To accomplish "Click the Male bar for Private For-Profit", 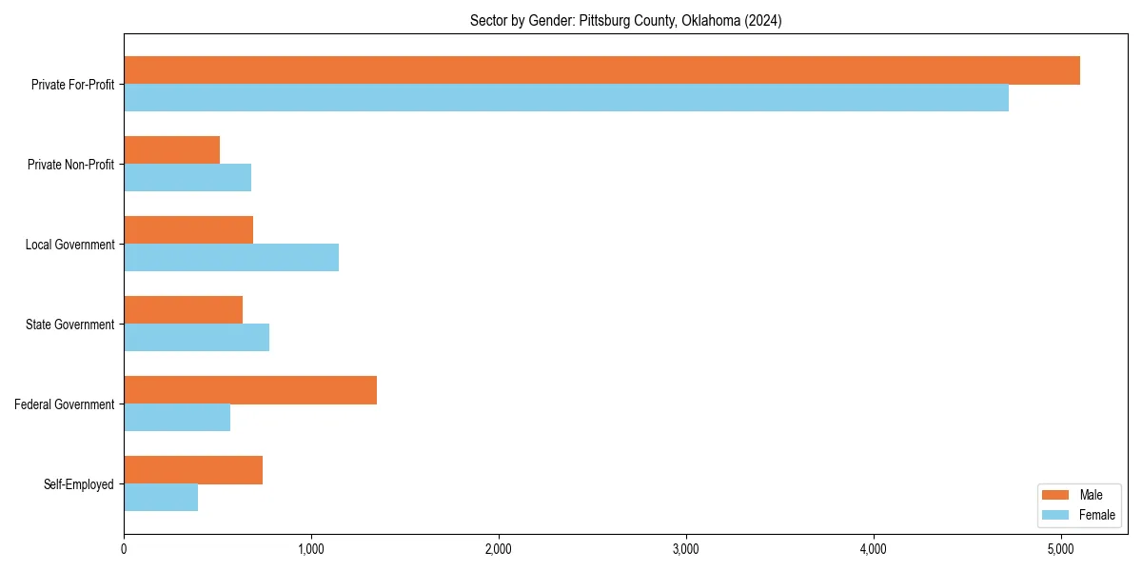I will tap(601, 70).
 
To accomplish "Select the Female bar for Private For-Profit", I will tap(566, 98).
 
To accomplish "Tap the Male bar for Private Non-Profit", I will tap(171, 150).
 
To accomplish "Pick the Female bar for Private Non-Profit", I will tap(187, 178).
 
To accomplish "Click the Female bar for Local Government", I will tap(231, 258).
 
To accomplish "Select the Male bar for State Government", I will tap(183, 310).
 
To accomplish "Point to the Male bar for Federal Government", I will tap(250, 390).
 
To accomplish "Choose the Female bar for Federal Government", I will tap(177, 418).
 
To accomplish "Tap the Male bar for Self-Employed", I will tap(193, 470).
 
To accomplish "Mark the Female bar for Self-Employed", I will tap(161, 498).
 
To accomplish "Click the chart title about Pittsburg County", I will tap(625, 21).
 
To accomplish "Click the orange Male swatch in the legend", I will tap(1056, 495).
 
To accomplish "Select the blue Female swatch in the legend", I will tap(1056, 515).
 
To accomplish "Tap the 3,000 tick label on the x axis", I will tap(686, 549).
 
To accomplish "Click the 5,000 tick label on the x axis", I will tap(1061, 549).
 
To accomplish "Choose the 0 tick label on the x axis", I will tap(124, 549).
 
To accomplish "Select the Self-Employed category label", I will tap(79, 484).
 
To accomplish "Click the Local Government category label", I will tap(69, 245).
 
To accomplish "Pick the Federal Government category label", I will tap(65, 404).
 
